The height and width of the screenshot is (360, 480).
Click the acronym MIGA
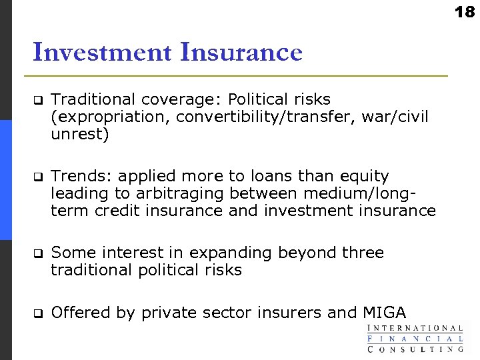384,313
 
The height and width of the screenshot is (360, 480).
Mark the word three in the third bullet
362,253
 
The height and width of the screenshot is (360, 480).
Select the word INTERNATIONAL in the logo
415,328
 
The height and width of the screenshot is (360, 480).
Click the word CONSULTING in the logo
415,348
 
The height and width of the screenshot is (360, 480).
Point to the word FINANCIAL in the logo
415,338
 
